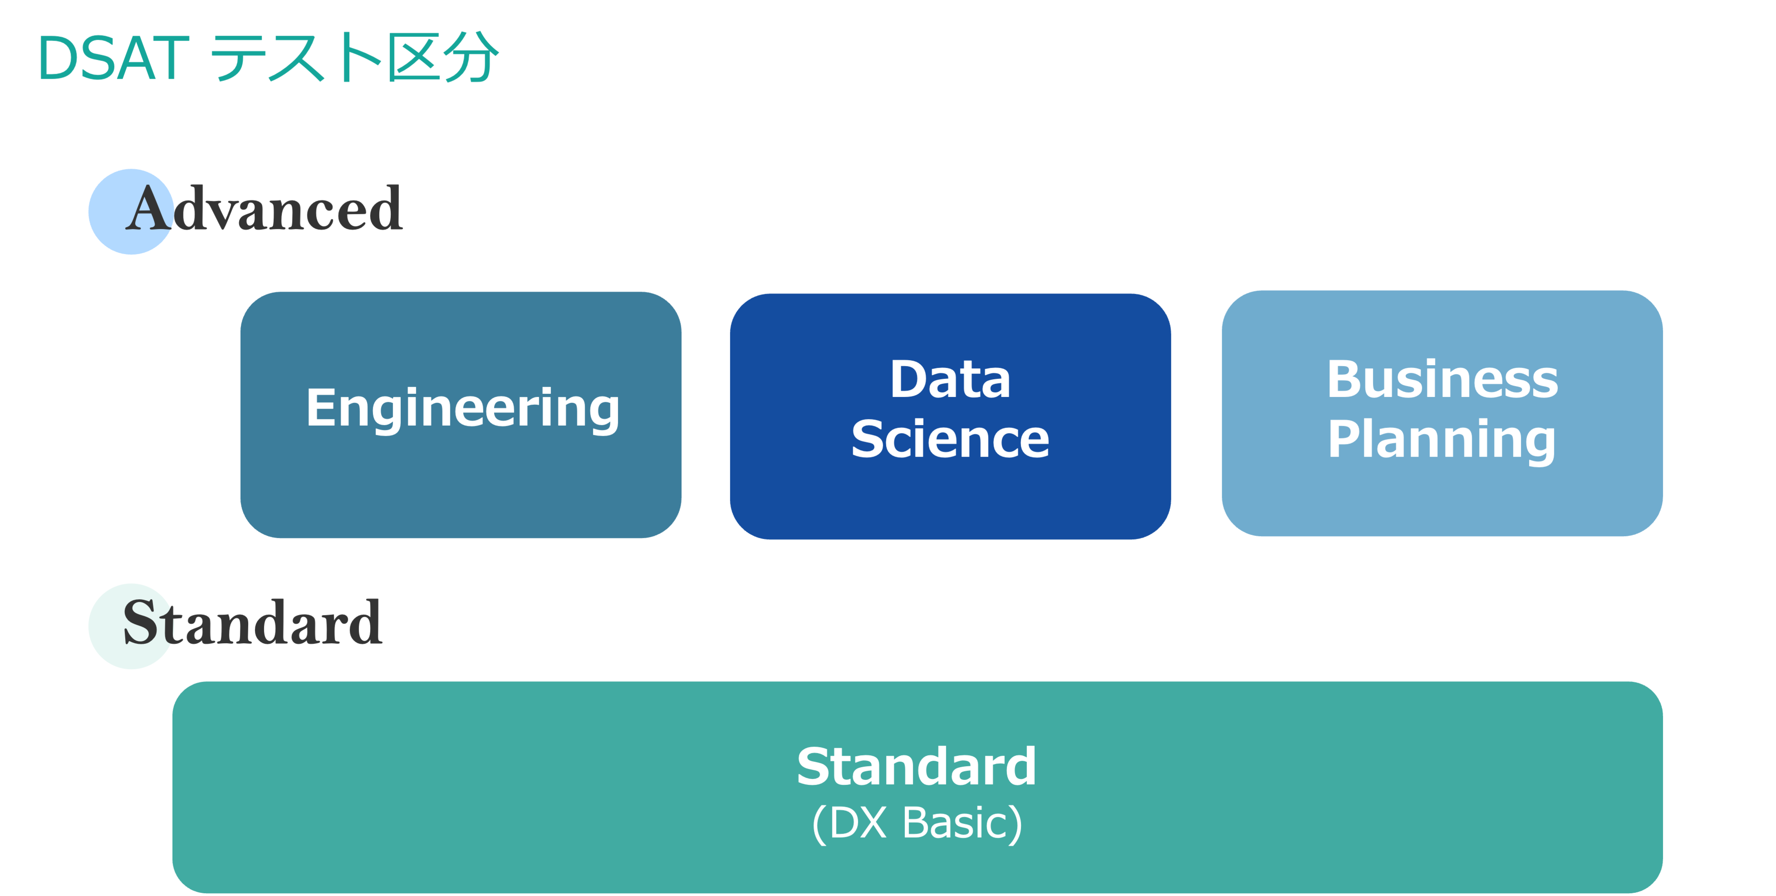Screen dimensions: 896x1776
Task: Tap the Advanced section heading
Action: click(x=265, y=209)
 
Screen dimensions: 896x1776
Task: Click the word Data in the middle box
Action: click(x=950, y=379)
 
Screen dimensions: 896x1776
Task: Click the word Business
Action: click(x=1442, y=379)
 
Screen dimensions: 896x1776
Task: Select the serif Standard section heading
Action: click(x=252, y=623)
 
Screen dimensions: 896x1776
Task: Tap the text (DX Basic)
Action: click(x=917, y=823)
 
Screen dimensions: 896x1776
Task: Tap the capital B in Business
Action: click(x=1342, y=379)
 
